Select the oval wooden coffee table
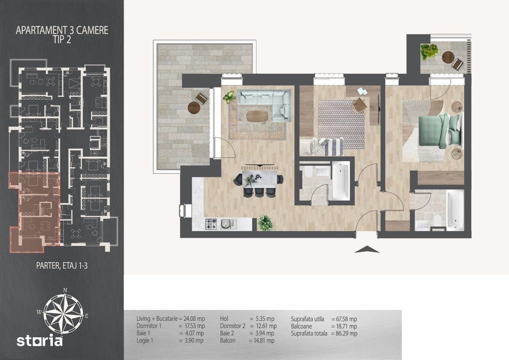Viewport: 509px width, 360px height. [x=257, y=116]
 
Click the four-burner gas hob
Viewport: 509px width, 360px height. [x=211, y=224]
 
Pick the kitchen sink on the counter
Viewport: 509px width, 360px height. [x=227, y=224]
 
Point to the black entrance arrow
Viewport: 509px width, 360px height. [x=367, y=249]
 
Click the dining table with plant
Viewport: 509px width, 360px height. [x=260, y=179]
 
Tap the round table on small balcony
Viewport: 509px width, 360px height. [x=448, y=57]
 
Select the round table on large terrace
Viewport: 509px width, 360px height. [x=194, y=107]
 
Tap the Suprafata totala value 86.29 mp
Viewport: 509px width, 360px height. [x=347, y=333]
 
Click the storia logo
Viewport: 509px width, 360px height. [x=39, y=341]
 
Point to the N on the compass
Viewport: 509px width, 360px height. [x=65, y=290]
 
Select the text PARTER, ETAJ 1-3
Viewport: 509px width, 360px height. [x=62, y=265]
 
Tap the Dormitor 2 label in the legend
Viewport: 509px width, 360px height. [x=233, y=326]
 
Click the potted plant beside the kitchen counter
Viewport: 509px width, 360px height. [x=265, y=223]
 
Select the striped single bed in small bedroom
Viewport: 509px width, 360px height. [x=322, y=147]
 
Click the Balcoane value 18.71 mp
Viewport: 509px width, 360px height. [x=347, y=326]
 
